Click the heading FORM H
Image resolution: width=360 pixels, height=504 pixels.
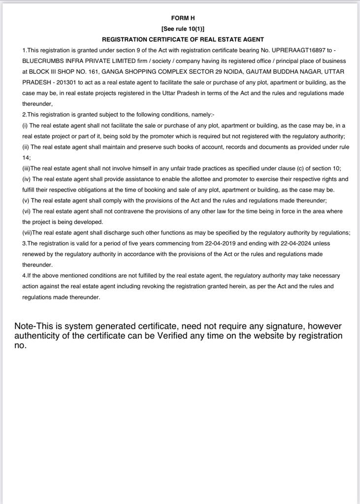183,18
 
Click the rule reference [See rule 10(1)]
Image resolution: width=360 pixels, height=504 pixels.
183,29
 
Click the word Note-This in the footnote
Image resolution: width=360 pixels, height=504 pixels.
30,326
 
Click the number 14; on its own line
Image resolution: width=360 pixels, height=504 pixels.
27,157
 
